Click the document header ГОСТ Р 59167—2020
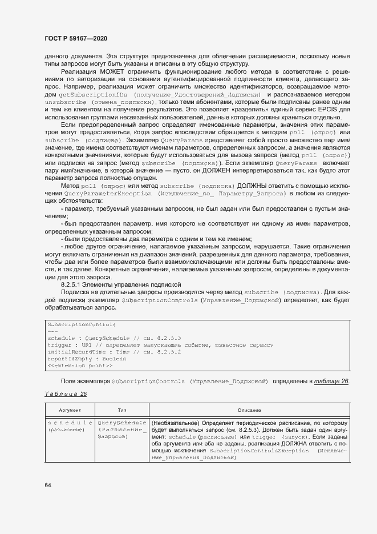coord(76,38)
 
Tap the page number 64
coord(48,485)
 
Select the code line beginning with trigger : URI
coord(160,345)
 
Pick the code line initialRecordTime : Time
coord(114,352)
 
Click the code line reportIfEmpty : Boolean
coord(87,359)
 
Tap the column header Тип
coord(122,411)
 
